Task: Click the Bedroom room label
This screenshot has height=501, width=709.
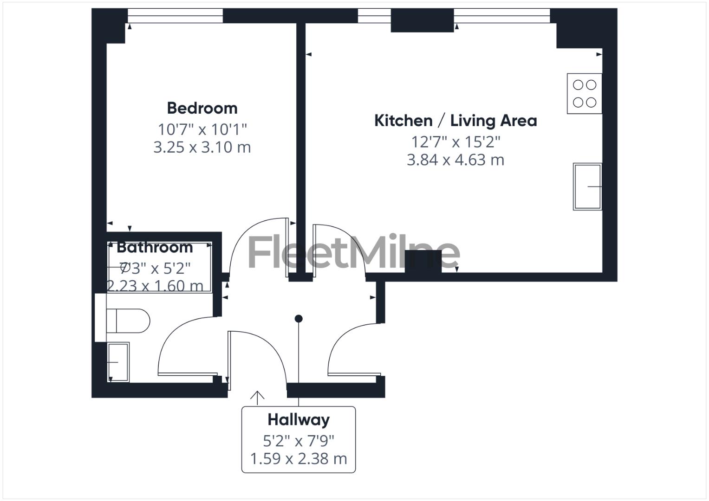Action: coord(202,108)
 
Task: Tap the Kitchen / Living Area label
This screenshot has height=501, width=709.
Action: coord(455,121)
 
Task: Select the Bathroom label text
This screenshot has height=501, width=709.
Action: coord(155,247)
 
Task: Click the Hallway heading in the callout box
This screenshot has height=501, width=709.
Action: coord(299,420)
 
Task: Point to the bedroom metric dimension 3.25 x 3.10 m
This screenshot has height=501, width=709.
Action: coord(202,147)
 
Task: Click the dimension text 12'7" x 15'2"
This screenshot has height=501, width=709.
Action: coord(455,141)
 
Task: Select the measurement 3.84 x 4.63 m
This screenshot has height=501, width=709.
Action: coord(455,160)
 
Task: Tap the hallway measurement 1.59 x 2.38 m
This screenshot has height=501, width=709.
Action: coord(299,459)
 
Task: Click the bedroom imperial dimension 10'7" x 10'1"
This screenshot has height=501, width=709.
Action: coord(202,128)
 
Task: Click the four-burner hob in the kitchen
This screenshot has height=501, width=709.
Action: coord(585,93)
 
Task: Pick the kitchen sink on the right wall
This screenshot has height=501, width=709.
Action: coord(587,186)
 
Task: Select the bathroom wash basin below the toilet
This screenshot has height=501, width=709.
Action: coord(118,362)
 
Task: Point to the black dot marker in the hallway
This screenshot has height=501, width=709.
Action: coord(299,319)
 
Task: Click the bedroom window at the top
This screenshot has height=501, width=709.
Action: coord(175,16)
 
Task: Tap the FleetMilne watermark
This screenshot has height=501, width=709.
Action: coord(354,253)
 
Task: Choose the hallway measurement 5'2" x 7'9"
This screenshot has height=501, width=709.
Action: coord(299,440)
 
